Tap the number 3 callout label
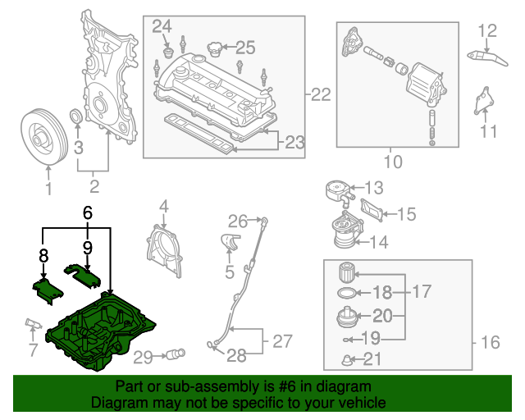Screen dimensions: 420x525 [79, 148]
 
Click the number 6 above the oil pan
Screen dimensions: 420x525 [87, 213]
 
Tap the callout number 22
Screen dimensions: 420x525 [321, 95]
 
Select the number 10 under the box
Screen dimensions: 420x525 [393, 162]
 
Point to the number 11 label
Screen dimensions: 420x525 [489, 131]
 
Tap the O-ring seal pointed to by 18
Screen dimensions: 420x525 [348, 292]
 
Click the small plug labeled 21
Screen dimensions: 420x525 [348, 358]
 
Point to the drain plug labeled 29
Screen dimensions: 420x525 [175, 355]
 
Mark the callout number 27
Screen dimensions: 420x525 [281, 340]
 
